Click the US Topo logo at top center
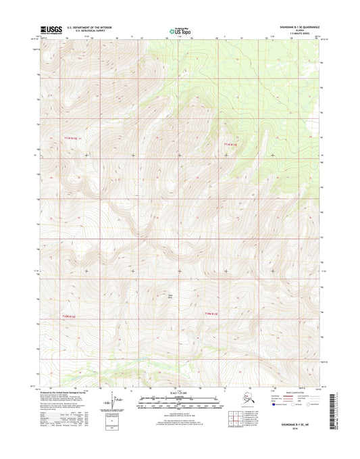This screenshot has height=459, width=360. coord(180,30)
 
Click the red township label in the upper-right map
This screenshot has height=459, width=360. coord(230,143)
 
